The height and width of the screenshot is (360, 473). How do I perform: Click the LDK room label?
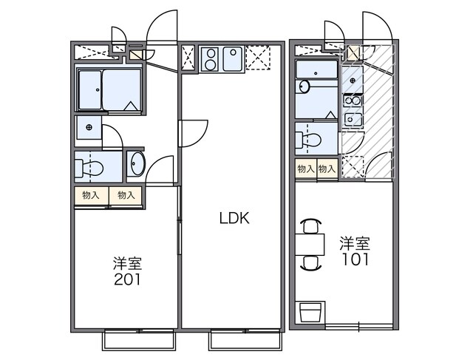coord(234,218)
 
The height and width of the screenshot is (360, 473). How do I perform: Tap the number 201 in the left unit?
coord(127,279)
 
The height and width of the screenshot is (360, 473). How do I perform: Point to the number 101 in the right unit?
coord(355,259)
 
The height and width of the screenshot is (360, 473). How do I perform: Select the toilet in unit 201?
coord(89,168)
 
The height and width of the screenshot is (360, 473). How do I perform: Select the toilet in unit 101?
coord(308,140)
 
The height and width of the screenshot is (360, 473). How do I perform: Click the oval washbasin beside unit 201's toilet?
coord(137,163)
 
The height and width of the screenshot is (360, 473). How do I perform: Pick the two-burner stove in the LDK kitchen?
coord(210,59)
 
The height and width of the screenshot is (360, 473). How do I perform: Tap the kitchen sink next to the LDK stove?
coord(233,59)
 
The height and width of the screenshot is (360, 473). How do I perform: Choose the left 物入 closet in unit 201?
coord(91,196)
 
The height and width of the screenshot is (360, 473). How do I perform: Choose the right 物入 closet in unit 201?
coord(126,196)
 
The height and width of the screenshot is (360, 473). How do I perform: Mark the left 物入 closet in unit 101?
coord(306,169)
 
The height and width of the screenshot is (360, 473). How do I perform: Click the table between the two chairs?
coord(310,245)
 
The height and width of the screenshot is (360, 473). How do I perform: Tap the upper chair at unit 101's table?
coord(310,226)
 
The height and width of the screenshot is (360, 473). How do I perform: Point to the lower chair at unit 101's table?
coord(310,263)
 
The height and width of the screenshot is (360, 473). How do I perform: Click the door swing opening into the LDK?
coord(194,133)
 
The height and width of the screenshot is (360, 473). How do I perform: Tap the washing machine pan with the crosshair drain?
coord(89,127)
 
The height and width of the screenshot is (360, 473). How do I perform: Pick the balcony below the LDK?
coord(245,341)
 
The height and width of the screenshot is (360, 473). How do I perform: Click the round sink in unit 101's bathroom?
coord(304,86)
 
